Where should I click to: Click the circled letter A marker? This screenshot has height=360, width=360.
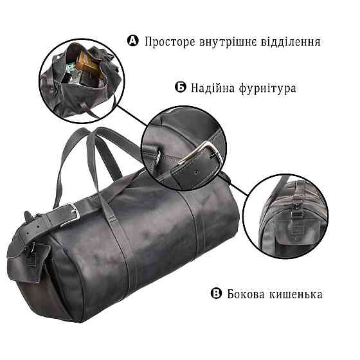[134, 41]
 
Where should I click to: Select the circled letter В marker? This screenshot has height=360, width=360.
[216, 294]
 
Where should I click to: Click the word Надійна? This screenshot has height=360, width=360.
[212, 87]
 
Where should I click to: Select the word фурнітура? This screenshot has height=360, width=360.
[267, 87]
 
